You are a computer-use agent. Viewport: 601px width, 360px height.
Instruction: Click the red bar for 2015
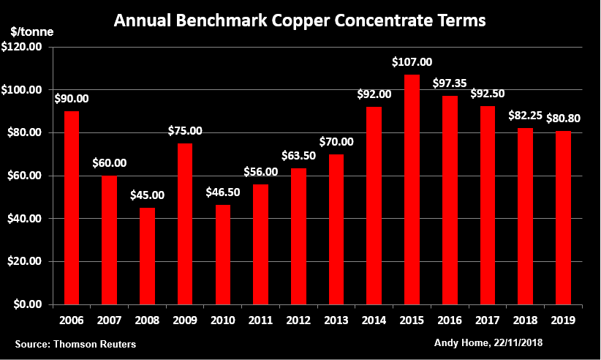(x=412, y=190)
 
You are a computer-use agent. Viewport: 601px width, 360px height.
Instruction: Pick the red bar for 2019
(x=563, y=218)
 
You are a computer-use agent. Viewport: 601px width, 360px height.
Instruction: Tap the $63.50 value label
(x=298, y=157)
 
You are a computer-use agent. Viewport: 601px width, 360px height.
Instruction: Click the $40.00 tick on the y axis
(x=28, y=219)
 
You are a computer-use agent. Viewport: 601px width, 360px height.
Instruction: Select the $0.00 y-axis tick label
(x=30, y=304)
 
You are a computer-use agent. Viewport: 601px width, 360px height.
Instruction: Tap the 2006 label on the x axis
(x=72, y=320)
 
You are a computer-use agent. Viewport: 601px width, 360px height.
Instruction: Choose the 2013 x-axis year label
(x=336, y=320)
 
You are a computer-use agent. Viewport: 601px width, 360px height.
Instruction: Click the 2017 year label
(x=488, y=320)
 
